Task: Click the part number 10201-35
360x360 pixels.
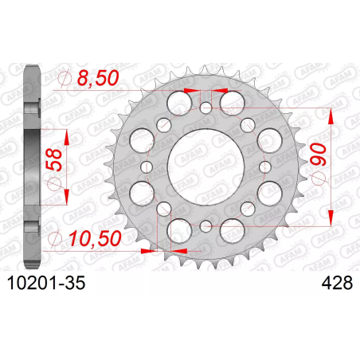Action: click(x=46, y=283)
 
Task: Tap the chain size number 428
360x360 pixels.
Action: click(x=337, y=283)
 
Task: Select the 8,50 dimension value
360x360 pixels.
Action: click(x=98, y=78)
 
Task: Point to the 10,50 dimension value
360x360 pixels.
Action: click(x=95, y=238)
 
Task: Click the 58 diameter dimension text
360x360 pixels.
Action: click(x=54, y=159)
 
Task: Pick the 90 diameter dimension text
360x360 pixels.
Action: click(x=319, y=155)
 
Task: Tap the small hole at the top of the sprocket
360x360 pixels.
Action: click(x=205, y=108)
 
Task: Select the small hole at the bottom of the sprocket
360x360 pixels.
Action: click(x=205, y=226)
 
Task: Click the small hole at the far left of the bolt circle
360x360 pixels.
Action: click(x=147, y=166)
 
